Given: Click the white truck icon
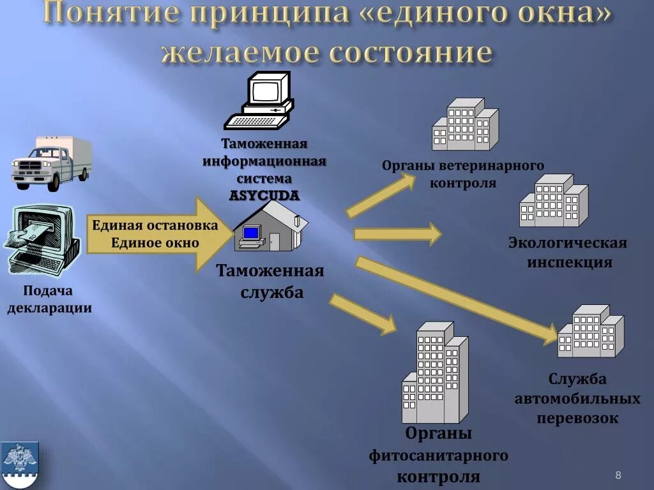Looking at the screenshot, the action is point(51,162).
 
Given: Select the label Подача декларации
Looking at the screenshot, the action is point(49,299).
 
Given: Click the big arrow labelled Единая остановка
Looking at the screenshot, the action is point(160,234).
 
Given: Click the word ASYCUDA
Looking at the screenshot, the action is point(264,195).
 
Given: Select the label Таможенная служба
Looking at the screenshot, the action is point(271,281).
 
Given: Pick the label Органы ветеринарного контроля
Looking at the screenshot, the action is point(463,174).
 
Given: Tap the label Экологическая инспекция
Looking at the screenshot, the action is point(568,252).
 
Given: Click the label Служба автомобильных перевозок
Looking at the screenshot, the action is point(577,399).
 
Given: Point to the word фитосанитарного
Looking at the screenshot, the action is point(438,456).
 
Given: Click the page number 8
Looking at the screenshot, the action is point(618,475).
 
